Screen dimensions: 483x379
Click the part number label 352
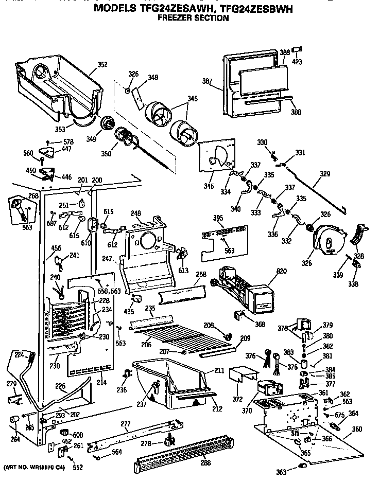102,65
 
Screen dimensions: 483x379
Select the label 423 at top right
297,62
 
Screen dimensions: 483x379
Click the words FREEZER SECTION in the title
193,18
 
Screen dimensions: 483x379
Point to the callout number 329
324,174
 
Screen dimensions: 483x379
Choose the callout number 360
356,429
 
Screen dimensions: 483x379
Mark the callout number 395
218,219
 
